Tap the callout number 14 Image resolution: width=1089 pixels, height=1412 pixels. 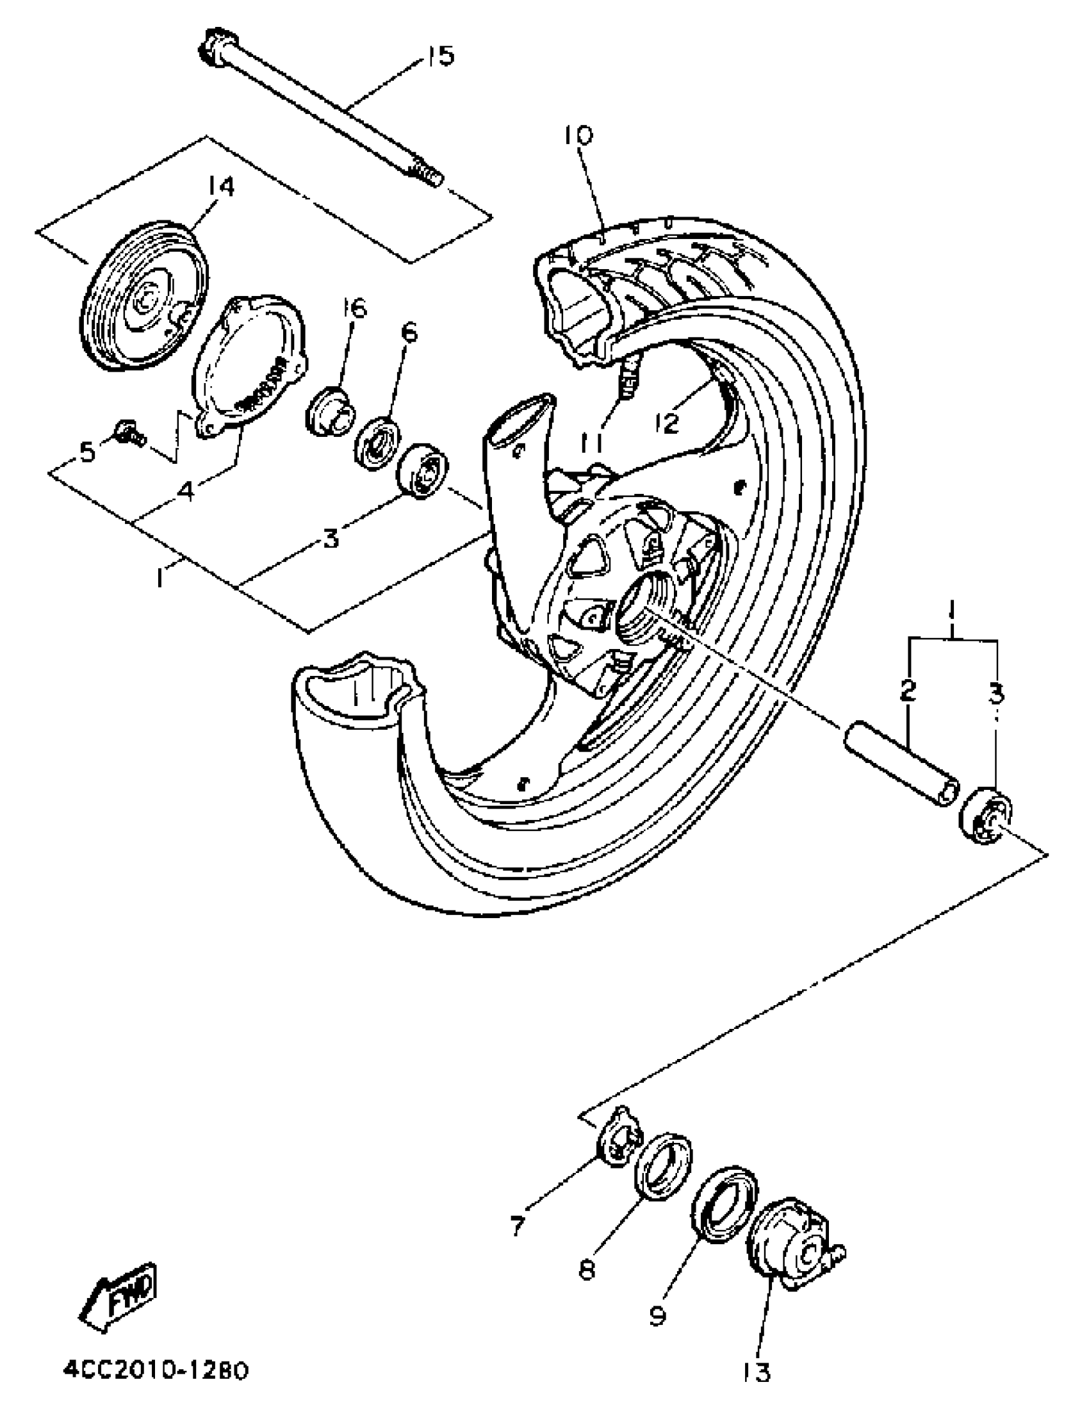click(220, 186)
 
